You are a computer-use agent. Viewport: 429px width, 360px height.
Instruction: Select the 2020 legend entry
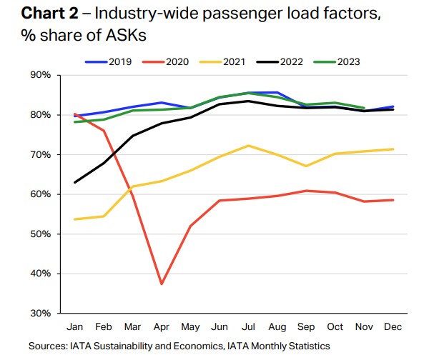tap(169, 61)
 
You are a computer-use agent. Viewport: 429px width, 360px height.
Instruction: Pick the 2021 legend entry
tap(230, 61)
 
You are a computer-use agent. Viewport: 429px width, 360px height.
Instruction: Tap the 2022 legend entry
tap(290, 61)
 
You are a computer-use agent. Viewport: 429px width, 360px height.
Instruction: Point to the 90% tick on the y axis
tap(41, 75)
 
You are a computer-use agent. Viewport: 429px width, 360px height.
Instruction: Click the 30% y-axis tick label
tap(41, 314)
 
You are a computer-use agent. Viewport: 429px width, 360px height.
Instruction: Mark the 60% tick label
tap(41, 194)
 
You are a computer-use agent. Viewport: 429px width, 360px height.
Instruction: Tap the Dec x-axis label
tap(393, 328)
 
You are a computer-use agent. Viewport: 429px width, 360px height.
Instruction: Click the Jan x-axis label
tap(76, 328)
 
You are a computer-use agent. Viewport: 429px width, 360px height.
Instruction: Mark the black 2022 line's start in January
tap(76, 182)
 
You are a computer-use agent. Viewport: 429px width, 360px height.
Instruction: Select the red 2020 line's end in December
tap(393, 200)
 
